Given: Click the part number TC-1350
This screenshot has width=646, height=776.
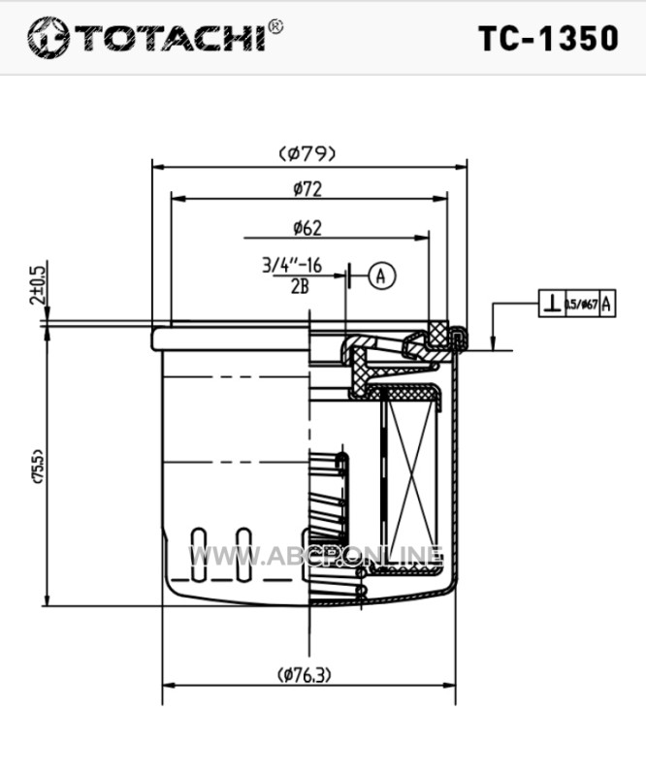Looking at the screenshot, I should point(548,37).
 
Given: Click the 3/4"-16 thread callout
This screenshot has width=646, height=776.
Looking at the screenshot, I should point(292,264).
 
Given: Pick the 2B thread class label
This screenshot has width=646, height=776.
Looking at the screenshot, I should point(300,284).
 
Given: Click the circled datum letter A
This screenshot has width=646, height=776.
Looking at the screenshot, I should point(381,275).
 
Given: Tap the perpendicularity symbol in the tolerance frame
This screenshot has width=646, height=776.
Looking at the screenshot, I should point(551,304).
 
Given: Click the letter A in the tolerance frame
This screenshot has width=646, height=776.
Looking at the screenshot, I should point(606,304).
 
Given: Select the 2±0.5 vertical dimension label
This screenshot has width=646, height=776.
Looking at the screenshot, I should point(38,285).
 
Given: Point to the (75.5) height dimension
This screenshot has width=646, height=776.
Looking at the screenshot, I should point(38,467).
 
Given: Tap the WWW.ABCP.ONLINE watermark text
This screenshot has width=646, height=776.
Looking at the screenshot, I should point(315,557).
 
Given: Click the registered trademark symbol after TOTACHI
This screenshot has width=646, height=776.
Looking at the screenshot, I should point(276,26).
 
